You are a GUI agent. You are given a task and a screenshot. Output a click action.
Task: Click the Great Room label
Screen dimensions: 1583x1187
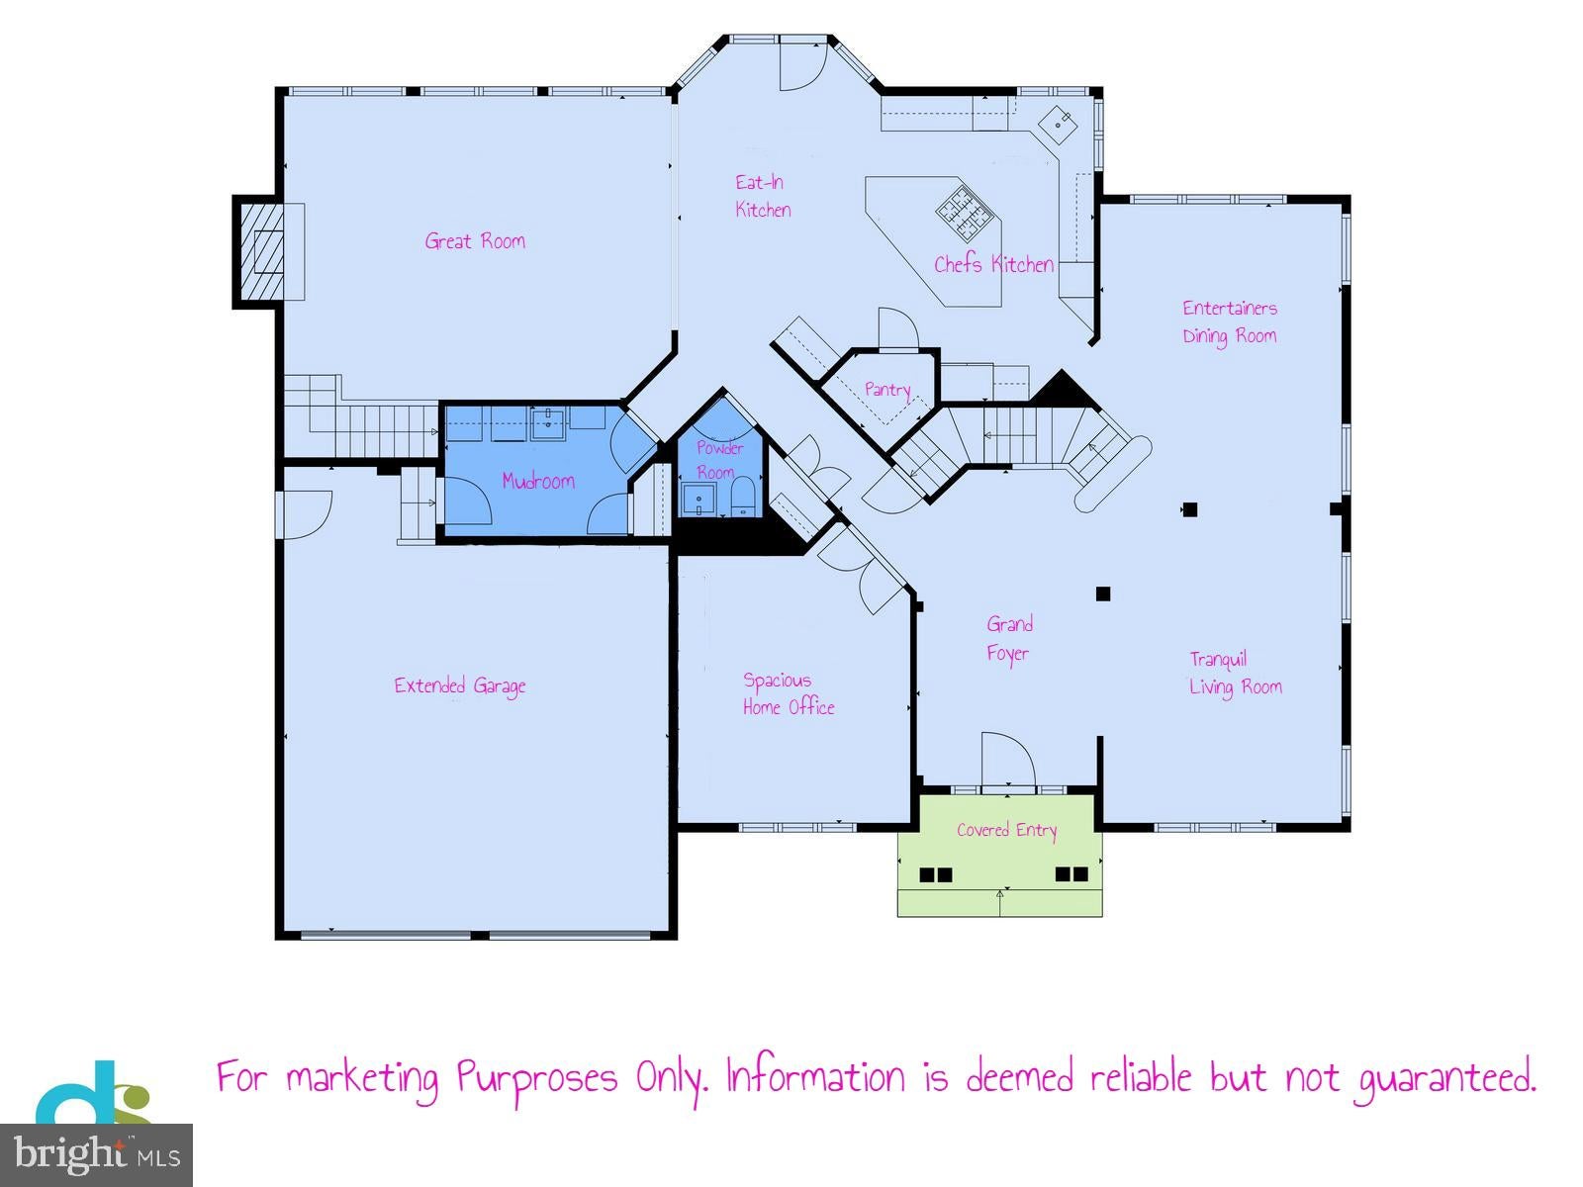[x=475, y=240]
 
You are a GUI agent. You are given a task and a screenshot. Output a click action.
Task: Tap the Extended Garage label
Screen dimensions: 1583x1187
[x=459, y=686]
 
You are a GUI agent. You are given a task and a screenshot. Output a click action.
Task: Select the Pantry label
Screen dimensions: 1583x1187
[x=887, y=390]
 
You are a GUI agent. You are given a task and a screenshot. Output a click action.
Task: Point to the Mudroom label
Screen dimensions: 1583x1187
[x=538, y=481]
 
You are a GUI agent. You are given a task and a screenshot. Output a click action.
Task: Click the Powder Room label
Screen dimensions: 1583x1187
[x=719, y=460]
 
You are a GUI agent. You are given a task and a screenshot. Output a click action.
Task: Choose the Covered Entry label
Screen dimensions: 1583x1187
[x=1007, y=830]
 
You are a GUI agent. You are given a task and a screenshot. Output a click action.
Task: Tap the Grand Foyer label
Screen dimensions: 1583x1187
[x=1009, y=639]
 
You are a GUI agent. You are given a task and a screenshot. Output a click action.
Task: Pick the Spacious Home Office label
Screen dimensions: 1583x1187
[x=789, y=694]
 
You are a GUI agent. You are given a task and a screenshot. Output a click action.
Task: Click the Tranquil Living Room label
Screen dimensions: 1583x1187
[x=1236, y=674]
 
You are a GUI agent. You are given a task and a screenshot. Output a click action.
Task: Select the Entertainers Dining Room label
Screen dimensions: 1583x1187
[x=1230, y=322]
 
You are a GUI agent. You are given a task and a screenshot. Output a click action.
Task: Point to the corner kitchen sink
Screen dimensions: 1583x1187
[x=1058, y=125]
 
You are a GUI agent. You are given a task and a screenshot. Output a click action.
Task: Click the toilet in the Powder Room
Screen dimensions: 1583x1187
[x=743, y=497]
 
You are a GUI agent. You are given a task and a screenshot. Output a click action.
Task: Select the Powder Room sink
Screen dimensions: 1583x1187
[x=698, y=499]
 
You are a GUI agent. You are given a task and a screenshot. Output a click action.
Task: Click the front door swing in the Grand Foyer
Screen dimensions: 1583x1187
[x=1008, y=759]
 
